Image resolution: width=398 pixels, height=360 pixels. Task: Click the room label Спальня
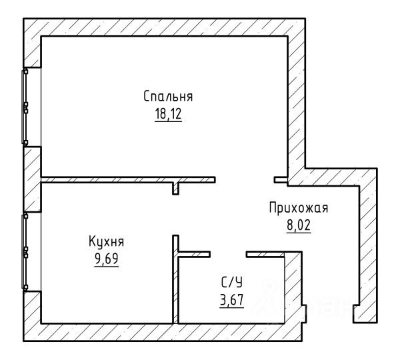tap(168, 97)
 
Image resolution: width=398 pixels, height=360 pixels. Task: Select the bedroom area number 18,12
tap(168, 114)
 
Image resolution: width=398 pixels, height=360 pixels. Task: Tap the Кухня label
tap(107, 241)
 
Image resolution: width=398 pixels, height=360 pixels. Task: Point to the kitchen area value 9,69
tap(107, 259)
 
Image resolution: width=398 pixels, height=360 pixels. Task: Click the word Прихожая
tap(299, 208)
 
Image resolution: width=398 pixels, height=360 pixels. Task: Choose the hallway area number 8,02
tap(299, 225)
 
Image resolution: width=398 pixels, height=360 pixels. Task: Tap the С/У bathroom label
tap(232, 282)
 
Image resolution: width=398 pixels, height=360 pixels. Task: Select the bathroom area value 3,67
tap(232, 300)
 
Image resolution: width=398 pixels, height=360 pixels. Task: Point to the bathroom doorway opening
tap(228, 255)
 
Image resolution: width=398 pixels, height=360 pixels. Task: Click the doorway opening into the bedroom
tap(245, 180)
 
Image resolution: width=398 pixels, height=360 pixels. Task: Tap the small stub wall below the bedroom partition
tap(175, 189)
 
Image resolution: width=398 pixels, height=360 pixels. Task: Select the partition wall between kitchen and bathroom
tap(175, 279)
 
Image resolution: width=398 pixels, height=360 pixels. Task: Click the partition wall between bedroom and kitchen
tap(128, 180)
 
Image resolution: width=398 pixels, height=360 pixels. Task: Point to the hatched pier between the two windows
tap(32, 179)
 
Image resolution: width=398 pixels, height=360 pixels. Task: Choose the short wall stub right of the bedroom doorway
tap(281, 180)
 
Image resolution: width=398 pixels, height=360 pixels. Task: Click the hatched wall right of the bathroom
tap(293, 287)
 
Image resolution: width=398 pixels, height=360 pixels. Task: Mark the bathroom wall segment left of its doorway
tap(195, 255)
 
